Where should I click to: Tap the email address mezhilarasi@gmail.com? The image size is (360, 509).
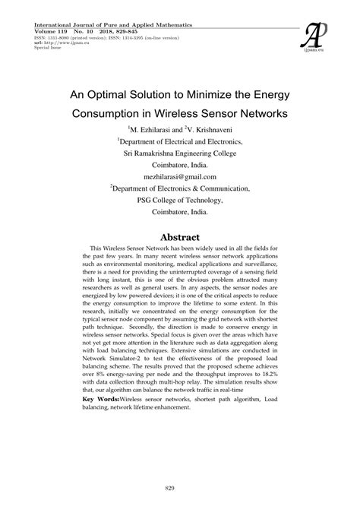pos(179,174)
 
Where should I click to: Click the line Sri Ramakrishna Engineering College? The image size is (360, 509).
pos(180,152)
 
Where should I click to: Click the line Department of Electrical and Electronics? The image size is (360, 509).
pos(181,141)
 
